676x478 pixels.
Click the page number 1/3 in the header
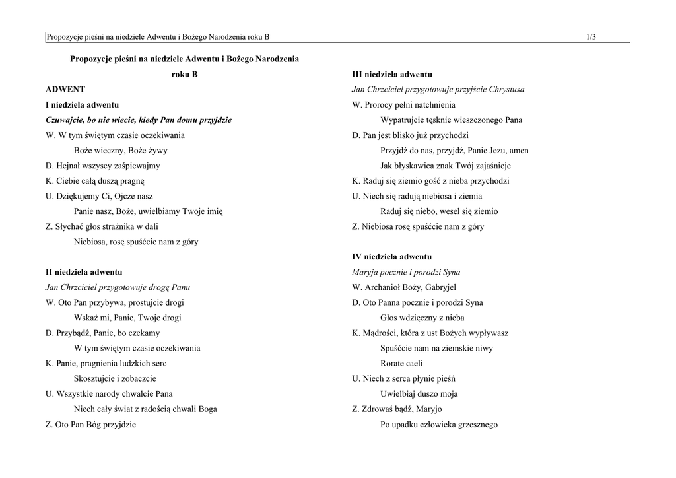pos(590,37)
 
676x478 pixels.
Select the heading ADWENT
pos(65,89)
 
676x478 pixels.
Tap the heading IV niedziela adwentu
pos(391,256)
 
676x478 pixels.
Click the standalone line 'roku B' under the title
pos(184,75)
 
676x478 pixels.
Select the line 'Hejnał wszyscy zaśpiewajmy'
pos(103,166)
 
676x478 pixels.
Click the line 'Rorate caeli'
pos(401,363)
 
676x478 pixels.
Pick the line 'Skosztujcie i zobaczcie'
pos(115,378)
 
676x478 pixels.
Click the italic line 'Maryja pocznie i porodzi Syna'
pos(406,272)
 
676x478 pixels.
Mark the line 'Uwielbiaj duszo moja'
pos(419,394)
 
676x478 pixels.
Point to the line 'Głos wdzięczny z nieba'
pos(422,318)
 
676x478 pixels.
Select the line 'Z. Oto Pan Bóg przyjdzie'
pos(90,425)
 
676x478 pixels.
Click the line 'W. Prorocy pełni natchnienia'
pos(403,105)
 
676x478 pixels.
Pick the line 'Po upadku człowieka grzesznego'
pos(439,425)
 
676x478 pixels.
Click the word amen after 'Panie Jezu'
pos(518,151)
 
